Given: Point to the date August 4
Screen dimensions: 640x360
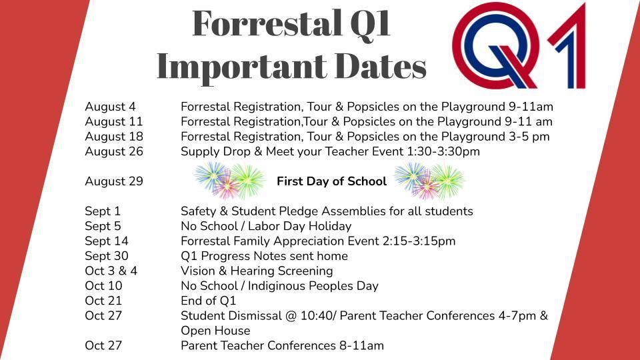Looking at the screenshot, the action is click(x=110, y=107).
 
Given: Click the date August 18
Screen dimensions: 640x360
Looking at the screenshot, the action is click(x=114, y=137).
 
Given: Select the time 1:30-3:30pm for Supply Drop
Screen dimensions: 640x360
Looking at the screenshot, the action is click(x=443, y=151).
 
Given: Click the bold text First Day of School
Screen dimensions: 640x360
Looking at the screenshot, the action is click(x=331, y=181).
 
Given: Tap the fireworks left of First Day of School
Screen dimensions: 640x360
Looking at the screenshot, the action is click(x=229, y=181).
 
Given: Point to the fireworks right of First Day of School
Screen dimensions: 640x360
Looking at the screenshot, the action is click(x=429, y=181).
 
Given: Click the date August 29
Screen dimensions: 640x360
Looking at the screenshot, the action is click(x=114, y=181).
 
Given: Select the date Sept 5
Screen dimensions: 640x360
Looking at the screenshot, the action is click(x=103, y=226).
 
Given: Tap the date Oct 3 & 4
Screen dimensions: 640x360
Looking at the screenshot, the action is click(x=111, y=271).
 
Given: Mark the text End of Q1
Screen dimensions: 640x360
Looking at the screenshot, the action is click(x=209, y=301).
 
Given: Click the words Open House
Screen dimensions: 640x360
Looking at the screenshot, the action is click(x=215, y=331).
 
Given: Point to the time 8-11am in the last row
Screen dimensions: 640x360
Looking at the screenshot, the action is click(x=361, y=346).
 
